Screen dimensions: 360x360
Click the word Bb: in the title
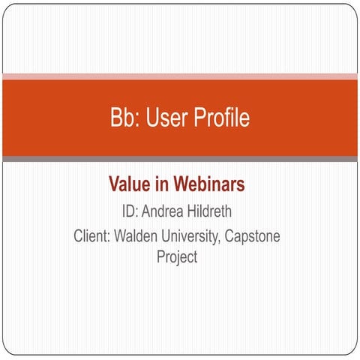click(x=125, y=118)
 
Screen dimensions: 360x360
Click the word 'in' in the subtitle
click(x=164, y=184)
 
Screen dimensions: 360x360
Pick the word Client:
click(x=93, y=237)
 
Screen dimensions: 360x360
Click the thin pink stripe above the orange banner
click(x=180, y=76)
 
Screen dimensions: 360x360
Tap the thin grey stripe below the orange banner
click(x=180, y=159)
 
